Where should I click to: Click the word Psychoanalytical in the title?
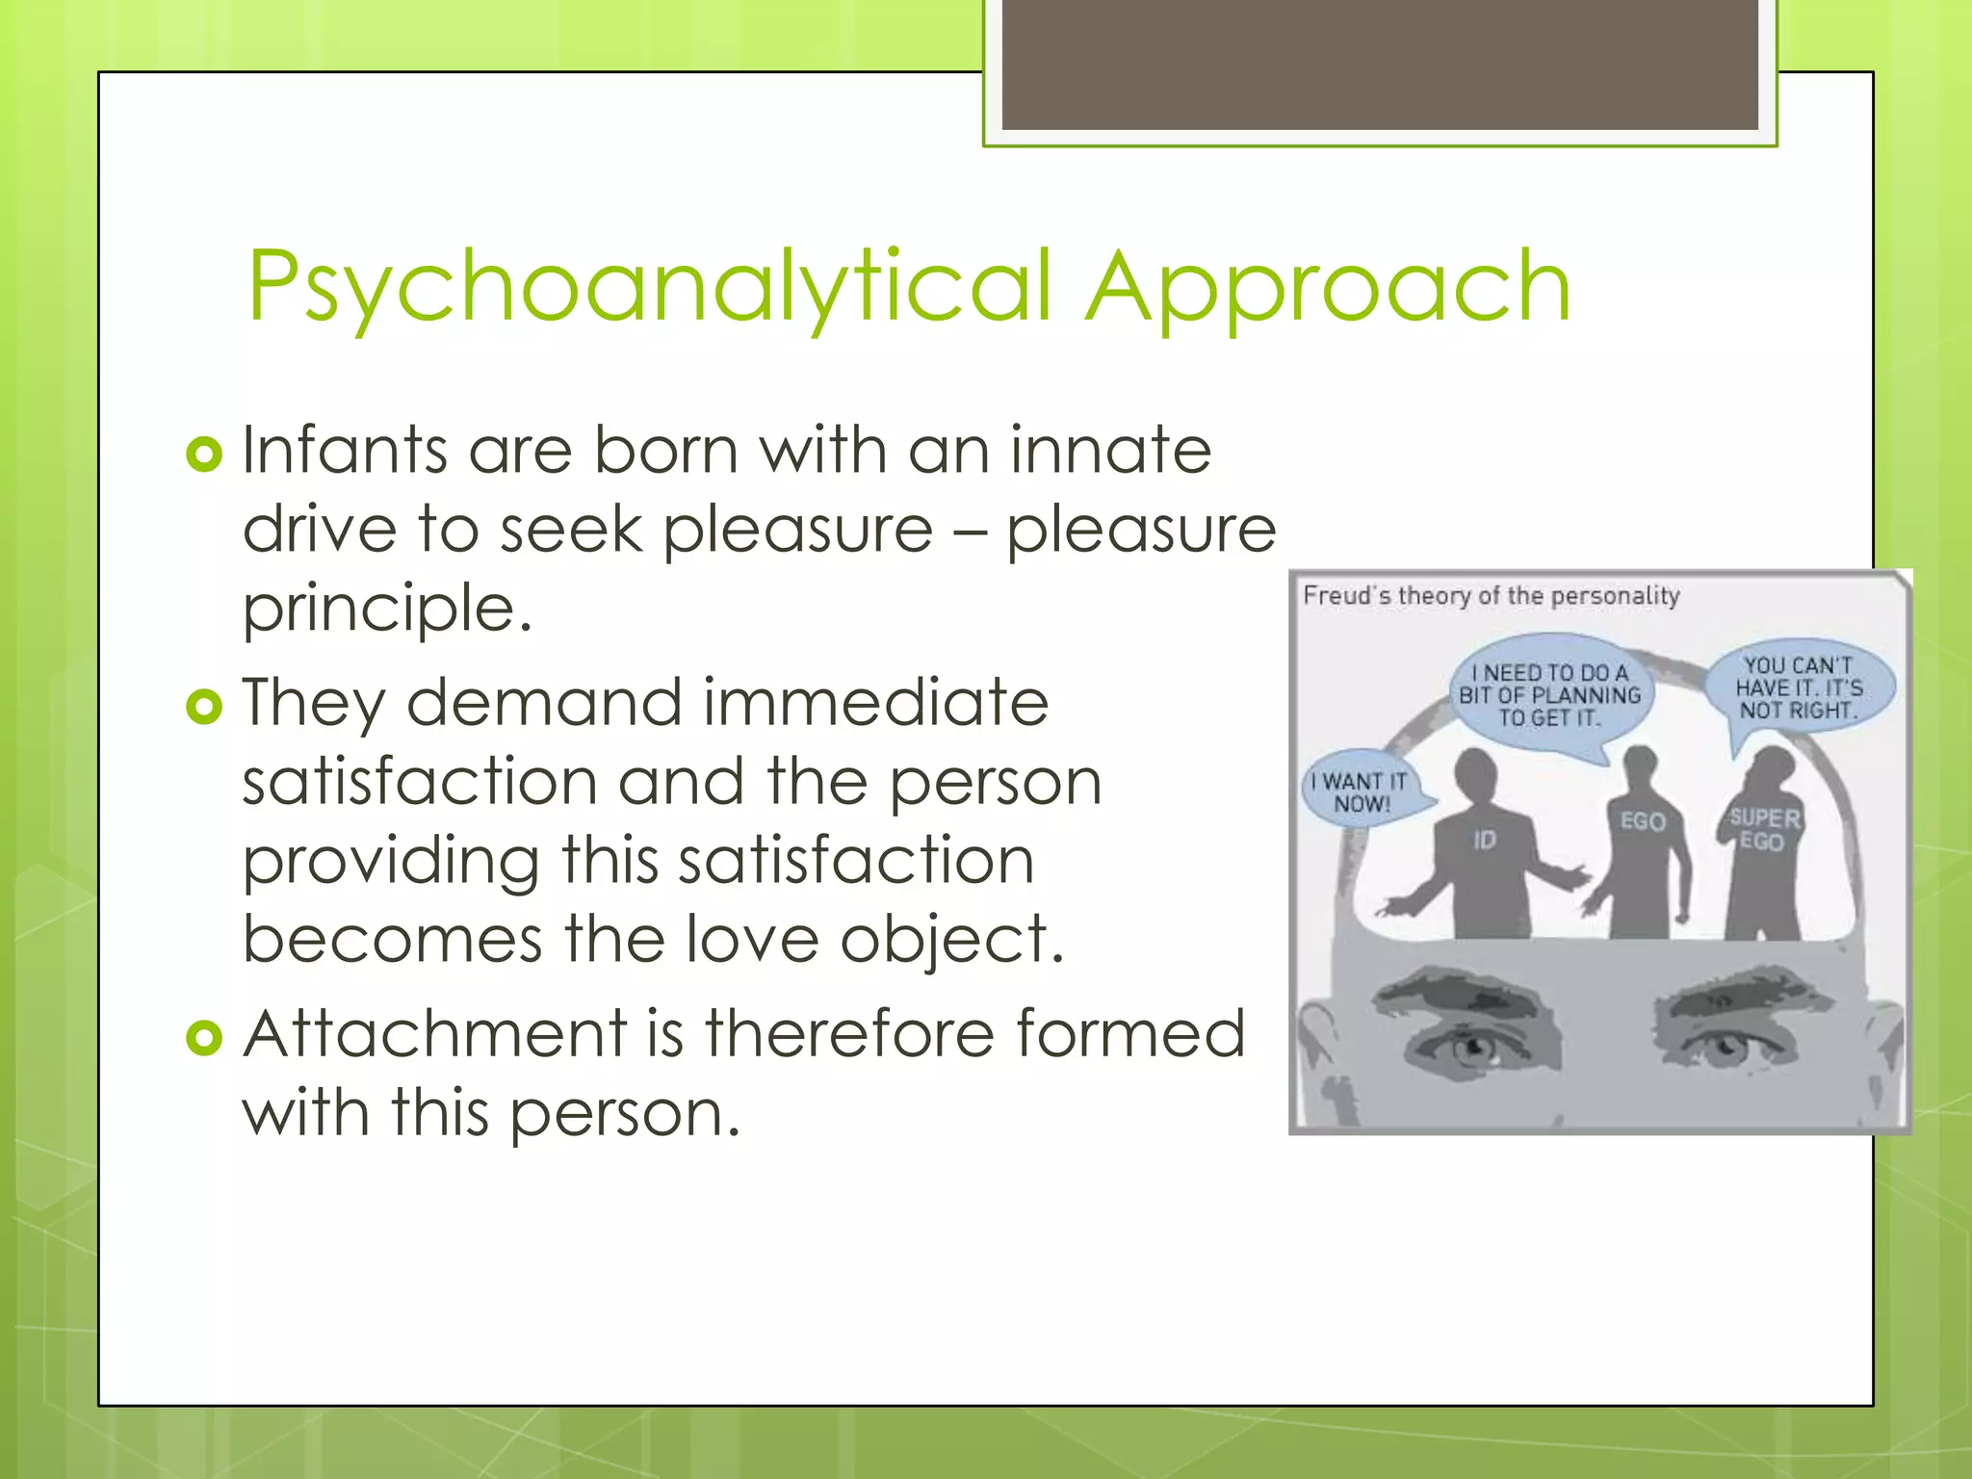point(650,286)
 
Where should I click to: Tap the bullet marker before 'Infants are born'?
point(204,453)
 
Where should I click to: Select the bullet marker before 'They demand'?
point(204,706)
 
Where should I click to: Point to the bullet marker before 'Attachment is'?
point(204,1037)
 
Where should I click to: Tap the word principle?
point(386,609)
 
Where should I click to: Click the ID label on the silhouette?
point(1484,841)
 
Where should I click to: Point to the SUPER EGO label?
point(1763,829)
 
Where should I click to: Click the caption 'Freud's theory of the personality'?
point(1491,596)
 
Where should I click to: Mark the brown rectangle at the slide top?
point(1380,64)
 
